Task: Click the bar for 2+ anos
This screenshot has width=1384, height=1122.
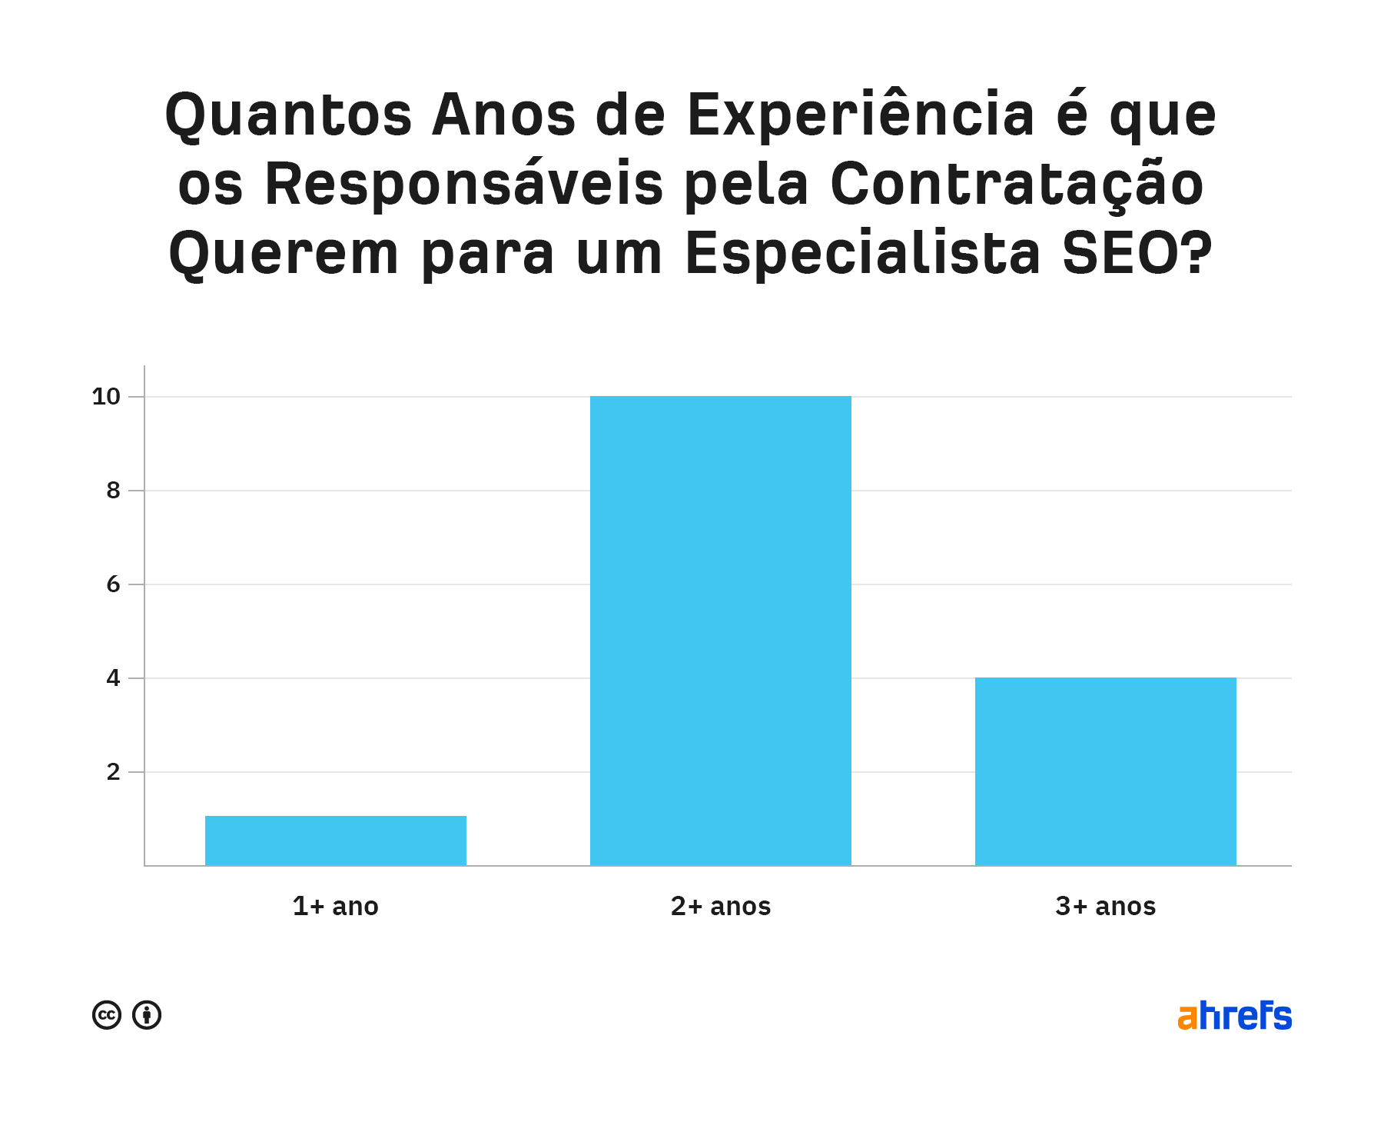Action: [720, 631]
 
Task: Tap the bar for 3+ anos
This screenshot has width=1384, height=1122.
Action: [1105, 771]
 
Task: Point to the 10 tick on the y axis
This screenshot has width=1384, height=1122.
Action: [106, 397]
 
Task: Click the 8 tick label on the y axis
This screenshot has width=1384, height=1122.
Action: [113, 491]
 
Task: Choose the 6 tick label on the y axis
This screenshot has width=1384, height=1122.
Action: [113, 584]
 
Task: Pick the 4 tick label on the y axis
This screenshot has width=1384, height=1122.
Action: [113, 678]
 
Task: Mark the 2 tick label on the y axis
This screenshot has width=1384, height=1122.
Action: [113, 772]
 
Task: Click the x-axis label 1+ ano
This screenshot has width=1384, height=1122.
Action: [335, 906]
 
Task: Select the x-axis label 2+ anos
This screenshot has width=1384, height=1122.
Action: [720, 906]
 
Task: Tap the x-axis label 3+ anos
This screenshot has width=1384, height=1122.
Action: [1105, 906]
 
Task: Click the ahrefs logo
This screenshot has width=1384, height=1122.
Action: [1234, 1016]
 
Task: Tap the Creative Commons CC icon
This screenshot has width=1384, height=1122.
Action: [107, 1015]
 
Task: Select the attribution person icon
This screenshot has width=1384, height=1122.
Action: [147, 1015]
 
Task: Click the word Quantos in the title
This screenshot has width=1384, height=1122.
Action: [288, 116]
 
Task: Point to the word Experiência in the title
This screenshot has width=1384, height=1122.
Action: [861, 116]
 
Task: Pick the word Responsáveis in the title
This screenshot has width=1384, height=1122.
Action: [463, 185]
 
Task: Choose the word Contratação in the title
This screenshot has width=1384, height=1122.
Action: [1017, 185]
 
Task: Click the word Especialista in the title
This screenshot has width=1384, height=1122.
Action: [862, 255]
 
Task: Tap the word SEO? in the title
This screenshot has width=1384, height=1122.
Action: [1137, 255]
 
